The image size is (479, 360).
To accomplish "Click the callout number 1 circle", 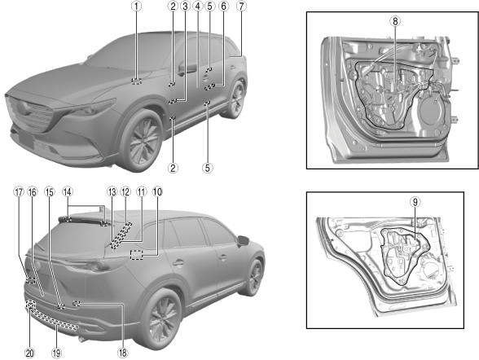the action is (137, 7).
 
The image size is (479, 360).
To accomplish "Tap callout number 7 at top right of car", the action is (241, 7).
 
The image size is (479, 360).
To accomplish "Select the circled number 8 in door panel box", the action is (395, 21).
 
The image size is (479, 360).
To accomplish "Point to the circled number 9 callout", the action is (415, 201).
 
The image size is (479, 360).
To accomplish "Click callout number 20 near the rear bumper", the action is (29, 353).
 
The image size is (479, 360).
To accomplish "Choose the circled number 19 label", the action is (56, 353).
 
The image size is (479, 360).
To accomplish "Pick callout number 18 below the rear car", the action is (122, 353).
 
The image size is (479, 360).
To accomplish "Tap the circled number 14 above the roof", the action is (68, 191).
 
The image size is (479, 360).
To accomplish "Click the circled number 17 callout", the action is (19, 191).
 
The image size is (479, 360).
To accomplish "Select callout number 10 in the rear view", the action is (157, 191).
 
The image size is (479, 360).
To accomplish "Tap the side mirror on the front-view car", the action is (186, 68).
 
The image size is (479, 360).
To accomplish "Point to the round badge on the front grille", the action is (23, 108).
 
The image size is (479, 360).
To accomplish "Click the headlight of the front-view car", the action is (91, 108).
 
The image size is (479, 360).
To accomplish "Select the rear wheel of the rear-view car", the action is (161, 320).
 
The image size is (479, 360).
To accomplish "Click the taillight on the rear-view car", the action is (101, 264).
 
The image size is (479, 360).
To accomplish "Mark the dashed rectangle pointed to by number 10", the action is (137, 255).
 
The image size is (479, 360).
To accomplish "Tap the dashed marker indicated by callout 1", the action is (137, 81).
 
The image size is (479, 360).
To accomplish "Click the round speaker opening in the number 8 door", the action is (433, 111).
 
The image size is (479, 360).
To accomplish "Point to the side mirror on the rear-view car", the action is (244, 241).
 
